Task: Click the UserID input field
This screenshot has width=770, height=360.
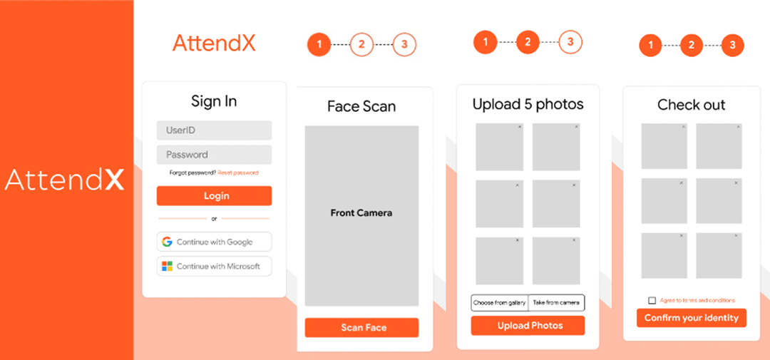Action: [214, 130]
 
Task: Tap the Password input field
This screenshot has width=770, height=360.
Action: [214, 155]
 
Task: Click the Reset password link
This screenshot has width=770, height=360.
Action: [237, 173]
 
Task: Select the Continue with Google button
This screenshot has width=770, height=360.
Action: [214, 242]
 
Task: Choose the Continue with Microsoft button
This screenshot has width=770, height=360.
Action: [214, 266]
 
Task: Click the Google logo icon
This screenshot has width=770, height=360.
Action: [168, 242]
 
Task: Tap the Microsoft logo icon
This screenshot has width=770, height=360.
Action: [168, 266]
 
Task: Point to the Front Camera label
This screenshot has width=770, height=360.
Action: [361, 213]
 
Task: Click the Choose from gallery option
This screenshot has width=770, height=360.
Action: [499, 302]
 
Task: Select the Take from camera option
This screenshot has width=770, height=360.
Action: [556, 302]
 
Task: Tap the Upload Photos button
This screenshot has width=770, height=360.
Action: [528, 326]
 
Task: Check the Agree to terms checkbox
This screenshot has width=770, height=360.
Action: [652, 300]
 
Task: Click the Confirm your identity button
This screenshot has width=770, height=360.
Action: [692, 318]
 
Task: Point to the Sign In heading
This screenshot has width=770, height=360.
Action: [214, 102]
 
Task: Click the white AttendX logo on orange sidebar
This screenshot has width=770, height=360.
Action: [64, 180]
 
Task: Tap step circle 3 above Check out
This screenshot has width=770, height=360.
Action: [733, 46]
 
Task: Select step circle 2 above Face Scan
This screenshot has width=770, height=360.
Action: [361, 45]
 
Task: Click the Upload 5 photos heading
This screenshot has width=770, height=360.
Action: [528, 105]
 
